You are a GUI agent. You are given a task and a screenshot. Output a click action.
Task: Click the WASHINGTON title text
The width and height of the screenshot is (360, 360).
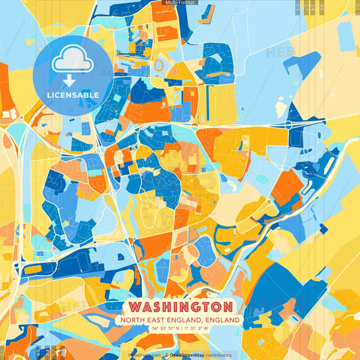pyautogui.click(x=180, y=307)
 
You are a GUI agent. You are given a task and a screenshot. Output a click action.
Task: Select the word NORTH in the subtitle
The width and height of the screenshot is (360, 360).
pyautogui.click(x=135, y=319)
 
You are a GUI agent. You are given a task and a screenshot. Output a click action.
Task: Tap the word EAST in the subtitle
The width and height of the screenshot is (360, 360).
pyautogui.click(x=157, y=319)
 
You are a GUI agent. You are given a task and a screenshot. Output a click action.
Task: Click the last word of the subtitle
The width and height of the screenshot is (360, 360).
pyautogui.click(x=224, y=319)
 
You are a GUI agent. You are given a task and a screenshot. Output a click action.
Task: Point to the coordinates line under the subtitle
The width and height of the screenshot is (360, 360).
pyautogui.click(x=180, y=328)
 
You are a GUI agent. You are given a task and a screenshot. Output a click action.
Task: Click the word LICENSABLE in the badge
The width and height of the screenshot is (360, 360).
pyautogui.click(x=74, y=95)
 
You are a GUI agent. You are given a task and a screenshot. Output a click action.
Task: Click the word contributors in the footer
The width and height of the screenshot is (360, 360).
pyautogui.click(x=220, y=355)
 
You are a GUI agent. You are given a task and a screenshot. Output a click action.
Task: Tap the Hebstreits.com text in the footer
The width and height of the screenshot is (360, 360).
pyautogui.click(x=144, y=355)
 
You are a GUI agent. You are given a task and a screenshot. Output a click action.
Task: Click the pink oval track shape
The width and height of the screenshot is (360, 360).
pyautogui.click(x=160, y=64)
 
